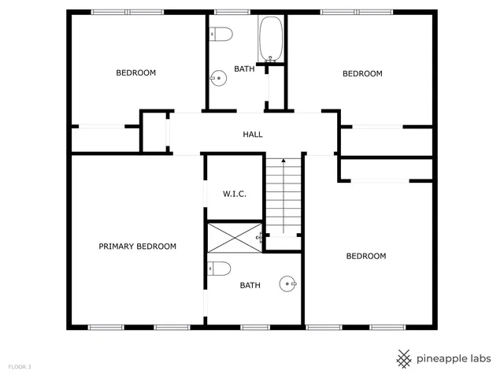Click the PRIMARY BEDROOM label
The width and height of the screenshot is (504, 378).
tap(137, 246)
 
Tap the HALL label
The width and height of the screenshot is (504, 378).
tap(252, 135)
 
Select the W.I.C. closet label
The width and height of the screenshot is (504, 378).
tap(235, 193)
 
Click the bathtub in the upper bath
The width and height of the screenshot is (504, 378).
tap(271, 39)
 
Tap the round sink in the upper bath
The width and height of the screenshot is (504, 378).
tap(217, 77)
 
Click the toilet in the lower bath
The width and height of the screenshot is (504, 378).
tap(220, 269)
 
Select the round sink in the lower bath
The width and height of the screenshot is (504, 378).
tap(289, 283)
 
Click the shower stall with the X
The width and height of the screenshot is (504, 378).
tap(235, 235)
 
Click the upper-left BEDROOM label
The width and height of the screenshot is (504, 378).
tap(136, 73)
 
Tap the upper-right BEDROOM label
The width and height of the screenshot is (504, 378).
tap(362, 74)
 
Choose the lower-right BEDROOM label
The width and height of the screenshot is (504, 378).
tap(367, 256)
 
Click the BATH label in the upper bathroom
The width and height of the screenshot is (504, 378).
tap(244, 69)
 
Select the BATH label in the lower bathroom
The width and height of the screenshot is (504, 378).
tap(250, 286)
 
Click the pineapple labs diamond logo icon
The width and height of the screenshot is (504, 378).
tap(404, 358)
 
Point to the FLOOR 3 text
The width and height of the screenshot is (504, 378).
tap(20, 367)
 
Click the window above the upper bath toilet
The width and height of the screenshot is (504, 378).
tap(228, 12)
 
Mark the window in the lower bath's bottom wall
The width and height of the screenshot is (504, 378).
tap(254, 327)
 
